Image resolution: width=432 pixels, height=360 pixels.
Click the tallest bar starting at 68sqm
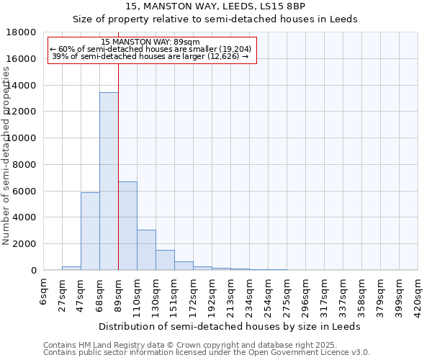coord(109,181)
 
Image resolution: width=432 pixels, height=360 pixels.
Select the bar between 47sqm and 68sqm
coord(90,231)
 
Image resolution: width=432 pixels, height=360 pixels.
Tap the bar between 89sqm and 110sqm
coord(127,225)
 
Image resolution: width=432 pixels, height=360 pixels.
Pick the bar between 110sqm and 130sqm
coord(146,250)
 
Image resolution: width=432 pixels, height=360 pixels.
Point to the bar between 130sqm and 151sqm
coord(165,260)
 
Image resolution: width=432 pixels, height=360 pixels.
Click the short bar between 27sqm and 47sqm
coord(71,268)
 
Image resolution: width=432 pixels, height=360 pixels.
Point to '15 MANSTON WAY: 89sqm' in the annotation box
coord(151,42)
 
